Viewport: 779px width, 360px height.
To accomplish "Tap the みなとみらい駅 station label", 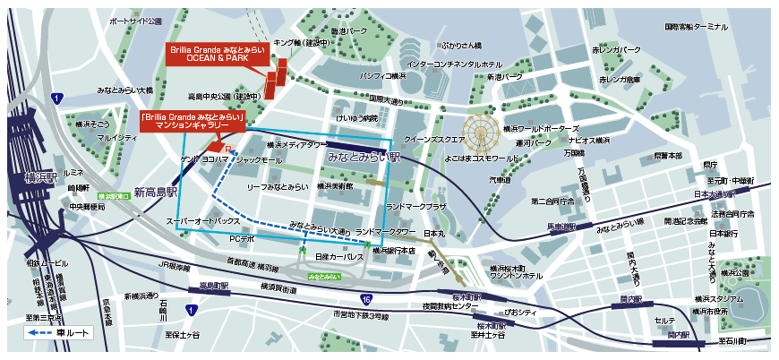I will pyautogui.click(x=363, y=157).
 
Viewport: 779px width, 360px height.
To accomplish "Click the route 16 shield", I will pyautogui.click(x=365, y=299).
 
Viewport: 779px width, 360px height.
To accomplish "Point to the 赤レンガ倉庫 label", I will pyautogui.click(x=621, y=80).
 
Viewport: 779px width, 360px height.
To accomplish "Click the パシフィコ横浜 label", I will pyautogui.click(x=383, y=77).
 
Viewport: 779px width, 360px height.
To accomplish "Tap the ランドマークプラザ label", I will pyautogui.click(x=415, y=206).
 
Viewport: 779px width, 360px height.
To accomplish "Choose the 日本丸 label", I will pyautogui.click(x=434, y=233).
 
